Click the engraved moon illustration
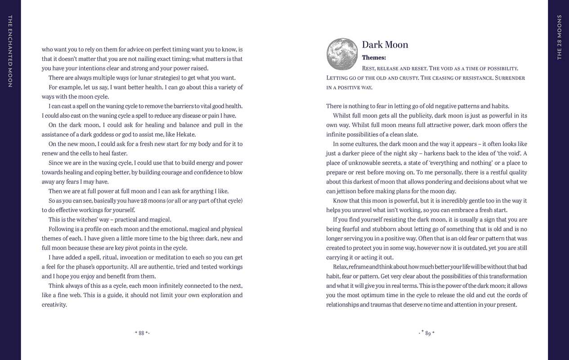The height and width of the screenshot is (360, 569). coord(342,54)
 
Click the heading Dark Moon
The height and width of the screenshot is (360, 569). coord(385,45)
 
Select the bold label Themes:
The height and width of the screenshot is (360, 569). coord(374,58)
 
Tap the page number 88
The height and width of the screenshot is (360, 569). coord(141,333)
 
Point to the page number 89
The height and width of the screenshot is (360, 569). coord(428,333)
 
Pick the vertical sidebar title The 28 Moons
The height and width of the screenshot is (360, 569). coord(559,37)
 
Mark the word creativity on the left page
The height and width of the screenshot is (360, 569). coord(54,305)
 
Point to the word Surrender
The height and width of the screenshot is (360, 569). coord(510,78)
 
